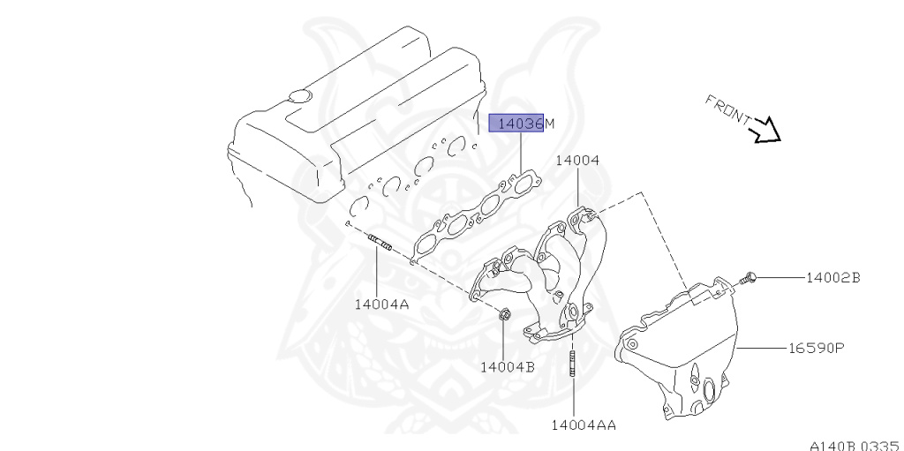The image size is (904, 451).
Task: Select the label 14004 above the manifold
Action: point(577,161)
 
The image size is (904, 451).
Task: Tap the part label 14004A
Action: point(381,304)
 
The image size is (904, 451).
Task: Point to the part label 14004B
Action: point(508,366)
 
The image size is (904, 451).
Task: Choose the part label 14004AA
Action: point(584,425)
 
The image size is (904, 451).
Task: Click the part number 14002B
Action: point(832,277)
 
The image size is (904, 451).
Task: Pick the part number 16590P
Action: point(817,348)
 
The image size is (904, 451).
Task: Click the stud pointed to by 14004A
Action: point(380,242)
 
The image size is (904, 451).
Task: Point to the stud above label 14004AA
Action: point(572,363)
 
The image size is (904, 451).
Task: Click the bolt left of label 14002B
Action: point(748,279)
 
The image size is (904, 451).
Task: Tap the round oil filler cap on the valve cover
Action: point(299,95)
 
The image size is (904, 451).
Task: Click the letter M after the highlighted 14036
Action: point(549,123)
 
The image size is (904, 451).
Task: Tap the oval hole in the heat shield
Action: point(708,390)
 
